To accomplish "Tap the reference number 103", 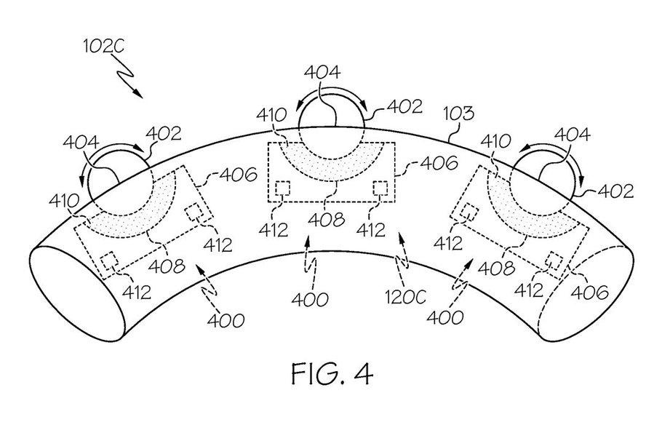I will [460, 114].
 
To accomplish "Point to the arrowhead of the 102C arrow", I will [140, 95].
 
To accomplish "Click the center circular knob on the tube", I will [332, 124].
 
